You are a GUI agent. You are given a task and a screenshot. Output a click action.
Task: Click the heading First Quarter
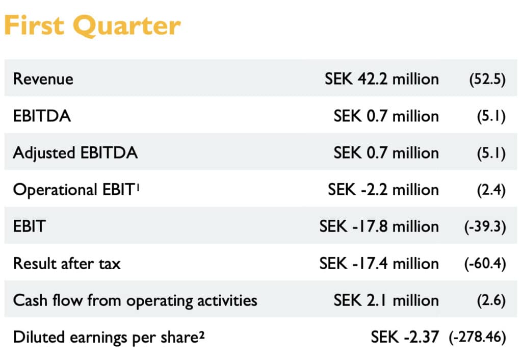point(92,25)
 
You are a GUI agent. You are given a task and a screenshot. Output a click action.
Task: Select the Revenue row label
point(43,79)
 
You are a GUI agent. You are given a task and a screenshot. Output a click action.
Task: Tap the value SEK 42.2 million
point(381,79)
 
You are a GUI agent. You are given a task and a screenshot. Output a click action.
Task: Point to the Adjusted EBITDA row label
point(75,152)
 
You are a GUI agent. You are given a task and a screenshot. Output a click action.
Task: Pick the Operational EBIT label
point(73,190)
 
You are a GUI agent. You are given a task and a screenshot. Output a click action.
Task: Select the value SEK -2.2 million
point(383,190)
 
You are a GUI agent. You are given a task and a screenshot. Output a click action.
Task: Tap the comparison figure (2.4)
point(491,190)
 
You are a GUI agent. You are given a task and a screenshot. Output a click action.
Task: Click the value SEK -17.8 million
point(379,226)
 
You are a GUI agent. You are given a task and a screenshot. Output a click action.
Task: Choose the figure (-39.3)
point(485,227)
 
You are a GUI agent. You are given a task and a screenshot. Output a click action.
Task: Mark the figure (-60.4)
point(485,264)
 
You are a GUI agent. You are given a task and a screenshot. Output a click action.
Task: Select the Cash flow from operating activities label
point(135,300)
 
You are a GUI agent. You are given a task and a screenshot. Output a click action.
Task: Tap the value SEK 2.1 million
point(386,300)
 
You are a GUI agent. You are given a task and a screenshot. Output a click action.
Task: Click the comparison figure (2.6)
point(491,300)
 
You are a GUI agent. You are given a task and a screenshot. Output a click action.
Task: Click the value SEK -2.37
point(404,337)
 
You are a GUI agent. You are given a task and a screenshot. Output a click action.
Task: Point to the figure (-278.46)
point(477,338)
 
